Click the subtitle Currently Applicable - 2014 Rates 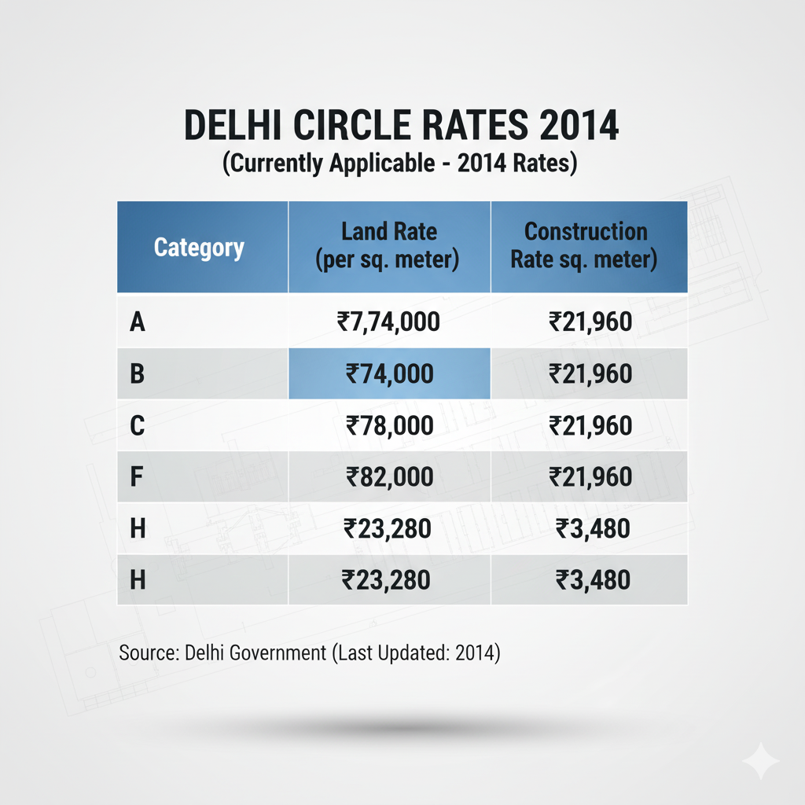coord(401,164)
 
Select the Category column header coord(199,248)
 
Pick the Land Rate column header coord(389,245)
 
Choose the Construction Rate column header coord(586,245)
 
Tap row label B coord(137,373)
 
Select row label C coord(137,425)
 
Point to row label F coord(136,477)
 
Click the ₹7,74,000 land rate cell coord(388,321)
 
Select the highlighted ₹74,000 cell coord(389,373)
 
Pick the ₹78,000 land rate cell coord(389,425)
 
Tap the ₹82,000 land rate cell coord(389,477)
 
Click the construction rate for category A coord(590,321)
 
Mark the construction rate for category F coord(590,477)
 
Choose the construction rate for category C coord(590,425)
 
